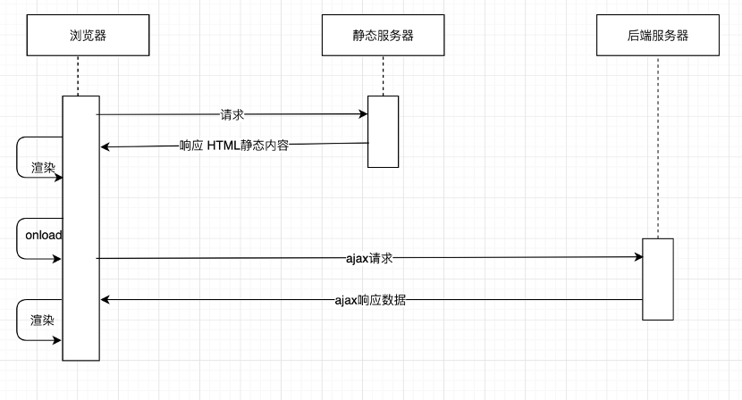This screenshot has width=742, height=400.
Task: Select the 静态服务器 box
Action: pos(383,36)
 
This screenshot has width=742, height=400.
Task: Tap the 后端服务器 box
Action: pos(657,36)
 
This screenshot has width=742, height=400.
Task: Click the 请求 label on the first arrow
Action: pos(232,114)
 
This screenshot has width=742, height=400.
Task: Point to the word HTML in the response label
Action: pos(223,146)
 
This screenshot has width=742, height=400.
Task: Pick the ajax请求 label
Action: pos(369,258)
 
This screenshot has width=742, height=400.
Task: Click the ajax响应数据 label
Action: pos(370,300)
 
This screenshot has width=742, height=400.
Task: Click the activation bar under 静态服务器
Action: pos(384,131)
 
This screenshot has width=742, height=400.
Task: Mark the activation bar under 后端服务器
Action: pos(658,279)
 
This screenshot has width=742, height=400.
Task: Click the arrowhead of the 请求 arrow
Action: pos(364,114)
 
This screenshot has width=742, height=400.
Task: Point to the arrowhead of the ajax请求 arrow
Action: pos(638,257)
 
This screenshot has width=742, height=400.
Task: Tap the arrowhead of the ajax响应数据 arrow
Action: pos(105,300)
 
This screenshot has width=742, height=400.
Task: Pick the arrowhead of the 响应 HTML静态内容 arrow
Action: pos(105,146)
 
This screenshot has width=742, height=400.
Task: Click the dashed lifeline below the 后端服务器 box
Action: pos(657,143)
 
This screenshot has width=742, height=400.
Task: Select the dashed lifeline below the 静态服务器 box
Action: pos(384,75)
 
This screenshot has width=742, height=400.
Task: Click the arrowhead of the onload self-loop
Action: pos(58,259)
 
